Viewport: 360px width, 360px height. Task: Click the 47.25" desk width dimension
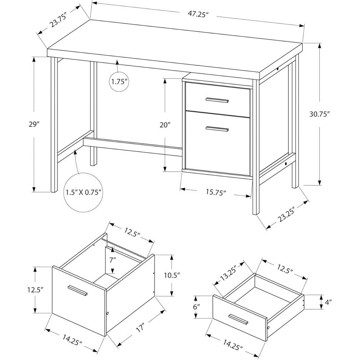198,14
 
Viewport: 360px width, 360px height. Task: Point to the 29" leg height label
35,125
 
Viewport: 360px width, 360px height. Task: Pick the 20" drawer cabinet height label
165,125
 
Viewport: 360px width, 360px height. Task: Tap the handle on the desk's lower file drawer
217,128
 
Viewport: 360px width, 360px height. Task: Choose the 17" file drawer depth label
139,328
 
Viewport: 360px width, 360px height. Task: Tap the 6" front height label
196,307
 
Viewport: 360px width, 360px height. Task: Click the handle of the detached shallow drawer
238,318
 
